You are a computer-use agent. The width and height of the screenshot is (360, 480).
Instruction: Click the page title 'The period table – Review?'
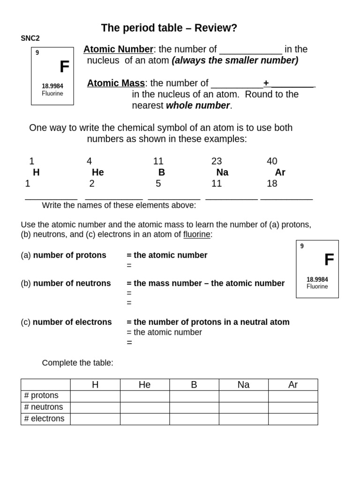[x=169, y=28]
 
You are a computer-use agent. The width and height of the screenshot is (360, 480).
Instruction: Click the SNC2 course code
[x=30, y=38]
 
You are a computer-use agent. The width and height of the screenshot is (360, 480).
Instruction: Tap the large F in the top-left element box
[x=64, y=67]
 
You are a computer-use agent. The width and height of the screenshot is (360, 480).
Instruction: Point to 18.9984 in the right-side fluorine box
[x=317, y=279]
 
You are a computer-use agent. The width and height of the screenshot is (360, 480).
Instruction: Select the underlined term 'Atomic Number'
[x=118, y=49]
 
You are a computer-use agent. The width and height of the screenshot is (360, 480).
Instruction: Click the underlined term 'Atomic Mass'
[x=116, y=83]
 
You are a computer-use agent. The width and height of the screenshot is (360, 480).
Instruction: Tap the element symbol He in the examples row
[x=98, y=172]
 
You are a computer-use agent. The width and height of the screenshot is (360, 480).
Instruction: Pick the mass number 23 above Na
[x=217, y=161]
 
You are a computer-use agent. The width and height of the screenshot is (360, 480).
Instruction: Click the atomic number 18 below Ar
[x=272, y=183]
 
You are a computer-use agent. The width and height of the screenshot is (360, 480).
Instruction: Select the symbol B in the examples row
[x=162, y=172]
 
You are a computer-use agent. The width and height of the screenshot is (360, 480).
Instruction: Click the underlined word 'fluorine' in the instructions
[x=196, y=234]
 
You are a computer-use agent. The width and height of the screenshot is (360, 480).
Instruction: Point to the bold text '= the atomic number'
[x=167, y=255]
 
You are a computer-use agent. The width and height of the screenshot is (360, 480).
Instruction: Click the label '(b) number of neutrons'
[x=66, y=283]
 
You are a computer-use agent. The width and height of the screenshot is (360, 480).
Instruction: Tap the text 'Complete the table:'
[x=77, y=363]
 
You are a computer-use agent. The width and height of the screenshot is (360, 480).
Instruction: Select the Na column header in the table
[x=243, y=385]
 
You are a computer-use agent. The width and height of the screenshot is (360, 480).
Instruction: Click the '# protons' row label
[x=41, y=396]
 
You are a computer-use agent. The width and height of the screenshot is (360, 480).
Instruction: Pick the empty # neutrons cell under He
[x=144, y=407]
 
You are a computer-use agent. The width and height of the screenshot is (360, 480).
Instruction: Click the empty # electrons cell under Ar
[x=292, y=419]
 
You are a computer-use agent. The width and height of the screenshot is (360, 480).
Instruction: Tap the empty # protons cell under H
[x=95, y=396]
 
